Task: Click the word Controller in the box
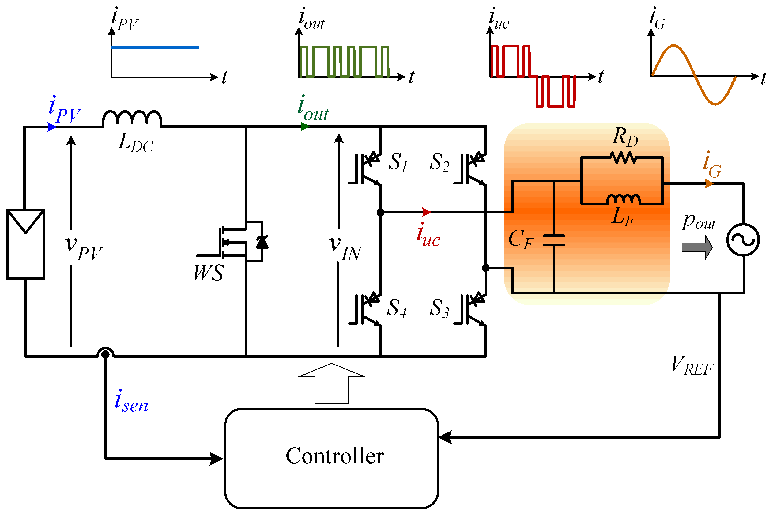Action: point(335,456)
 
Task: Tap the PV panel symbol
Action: point(25,244)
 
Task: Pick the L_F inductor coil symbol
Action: point(624,199)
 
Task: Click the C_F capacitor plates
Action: point(554,240)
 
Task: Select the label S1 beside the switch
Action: point(398,162)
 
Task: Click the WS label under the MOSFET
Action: point(209,273)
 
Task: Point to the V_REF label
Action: point(692,365)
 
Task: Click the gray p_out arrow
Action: point(697,247)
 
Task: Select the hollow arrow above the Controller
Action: point(331,384)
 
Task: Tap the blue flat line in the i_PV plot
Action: point(155,48)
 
